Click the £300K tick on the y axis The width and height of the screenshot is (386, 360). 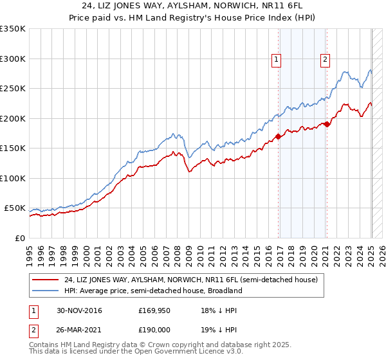pyautogui.click(x=12, y=59)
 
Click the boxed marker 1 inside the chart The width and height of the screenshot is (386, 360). pyautogui.click(x=276, y=60)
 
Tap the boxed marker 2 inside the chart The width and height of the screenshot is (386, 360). pyautogui.click(x=325, y=60)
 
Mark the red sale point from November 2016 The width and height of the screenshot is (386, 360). pyautogui.click(x=278, y=136)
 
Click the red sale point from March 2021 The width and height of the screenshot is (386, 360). pyautogui.click(x=327, y=124)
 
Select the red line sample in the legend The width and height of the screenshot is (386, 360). pyautogui.click(x=46, y=280)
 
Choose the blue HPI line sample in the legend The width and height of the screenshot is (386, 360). pyautogui.click(x=46, y=291)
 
